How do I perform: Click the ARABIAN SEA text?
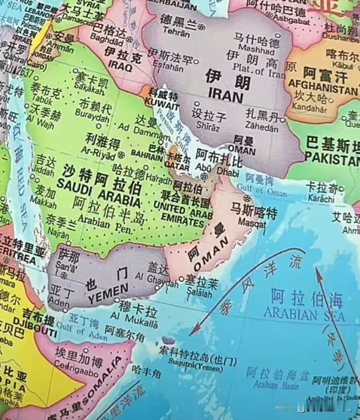304,316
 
